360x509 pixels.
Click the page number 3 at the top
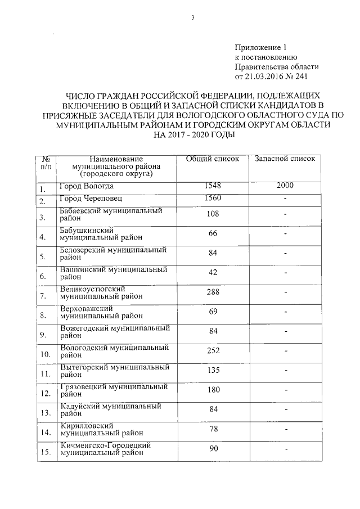192,17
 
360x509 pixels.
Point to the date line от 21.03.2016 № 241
271,75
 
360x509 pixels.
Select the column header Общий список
213,159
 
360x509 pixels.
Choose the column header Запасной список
285,159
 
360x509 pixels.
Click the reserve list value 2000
286,186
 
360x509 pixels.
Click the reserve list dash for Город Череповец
286,199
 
